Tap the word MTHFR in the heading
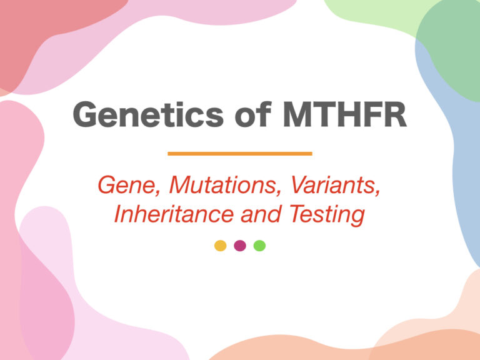[345, 115]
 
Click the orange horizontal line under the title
[240, 153]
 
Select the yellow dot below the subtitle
[220, 246]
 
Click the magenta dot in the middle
[240, 246]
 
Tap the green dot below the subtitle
[259, 246]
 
